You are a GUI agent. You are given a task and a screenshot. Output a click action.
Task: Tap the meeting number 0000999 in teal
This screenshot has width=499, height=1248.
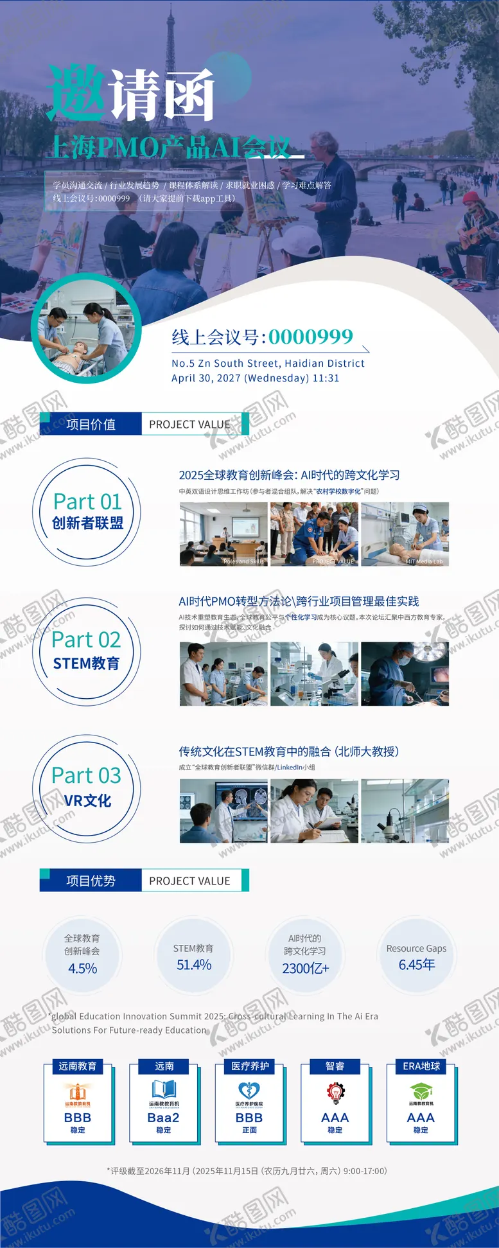click(x=311, y=337)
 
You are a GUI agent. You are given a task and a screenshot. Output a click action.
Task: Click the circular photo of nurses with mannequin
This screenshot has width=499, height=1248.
click(x=86, y=328)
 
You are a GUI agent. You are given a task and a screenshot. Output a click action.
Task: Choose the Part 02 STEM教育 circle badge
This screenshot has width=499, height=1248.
click(x=86, y=651)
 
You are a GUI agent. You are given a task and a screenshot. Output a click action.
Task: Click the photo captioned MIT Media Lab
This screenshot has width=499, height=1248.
click(x=405, y=534)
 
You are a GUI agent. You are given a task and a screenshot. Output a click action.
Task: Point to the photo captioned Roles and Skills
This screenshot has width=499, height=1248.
click(x=223, y=534)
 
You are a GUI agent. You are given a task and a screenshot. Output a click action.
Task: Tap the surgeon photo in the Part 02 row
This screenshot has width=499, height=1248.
click(x=405, y=674)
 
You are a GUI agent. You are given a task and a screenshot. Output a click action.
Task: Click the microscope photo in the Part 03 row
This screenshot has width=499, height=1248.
click(x=405, y=811)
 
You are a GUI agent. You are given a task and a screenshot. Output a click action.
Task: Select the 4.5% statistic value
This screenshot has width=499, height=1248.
click(x=82, y=969)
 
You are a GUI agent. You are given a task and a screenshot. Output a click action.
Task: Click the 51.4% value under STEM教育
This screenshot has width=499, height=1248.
click(x=194, y=965)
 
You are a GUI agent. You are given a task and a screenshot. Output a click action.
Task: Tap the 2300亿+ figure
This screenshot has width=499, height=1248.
click(x=305, y=969)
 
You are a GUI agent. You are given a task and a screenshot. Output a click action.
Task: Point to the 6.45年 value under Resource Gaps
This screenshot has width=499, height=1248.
click(x=417, y=965)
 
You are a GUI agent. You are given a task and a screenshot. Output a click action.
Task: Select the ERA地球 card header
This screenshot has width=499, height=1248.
click(x=421, y=1066)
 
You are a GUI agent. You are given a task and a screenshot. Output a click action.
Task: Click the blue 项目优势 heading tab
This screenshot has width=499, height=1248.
click(x=91, y=881)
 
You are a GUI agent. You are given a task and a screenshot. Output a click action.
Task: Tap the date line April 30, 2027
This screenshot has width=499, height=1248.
click(x=255, y=378)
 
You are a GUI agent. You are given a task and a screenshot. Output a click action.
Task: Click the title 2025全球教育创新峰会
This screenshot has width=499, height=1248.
click(x=289, y=475)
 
